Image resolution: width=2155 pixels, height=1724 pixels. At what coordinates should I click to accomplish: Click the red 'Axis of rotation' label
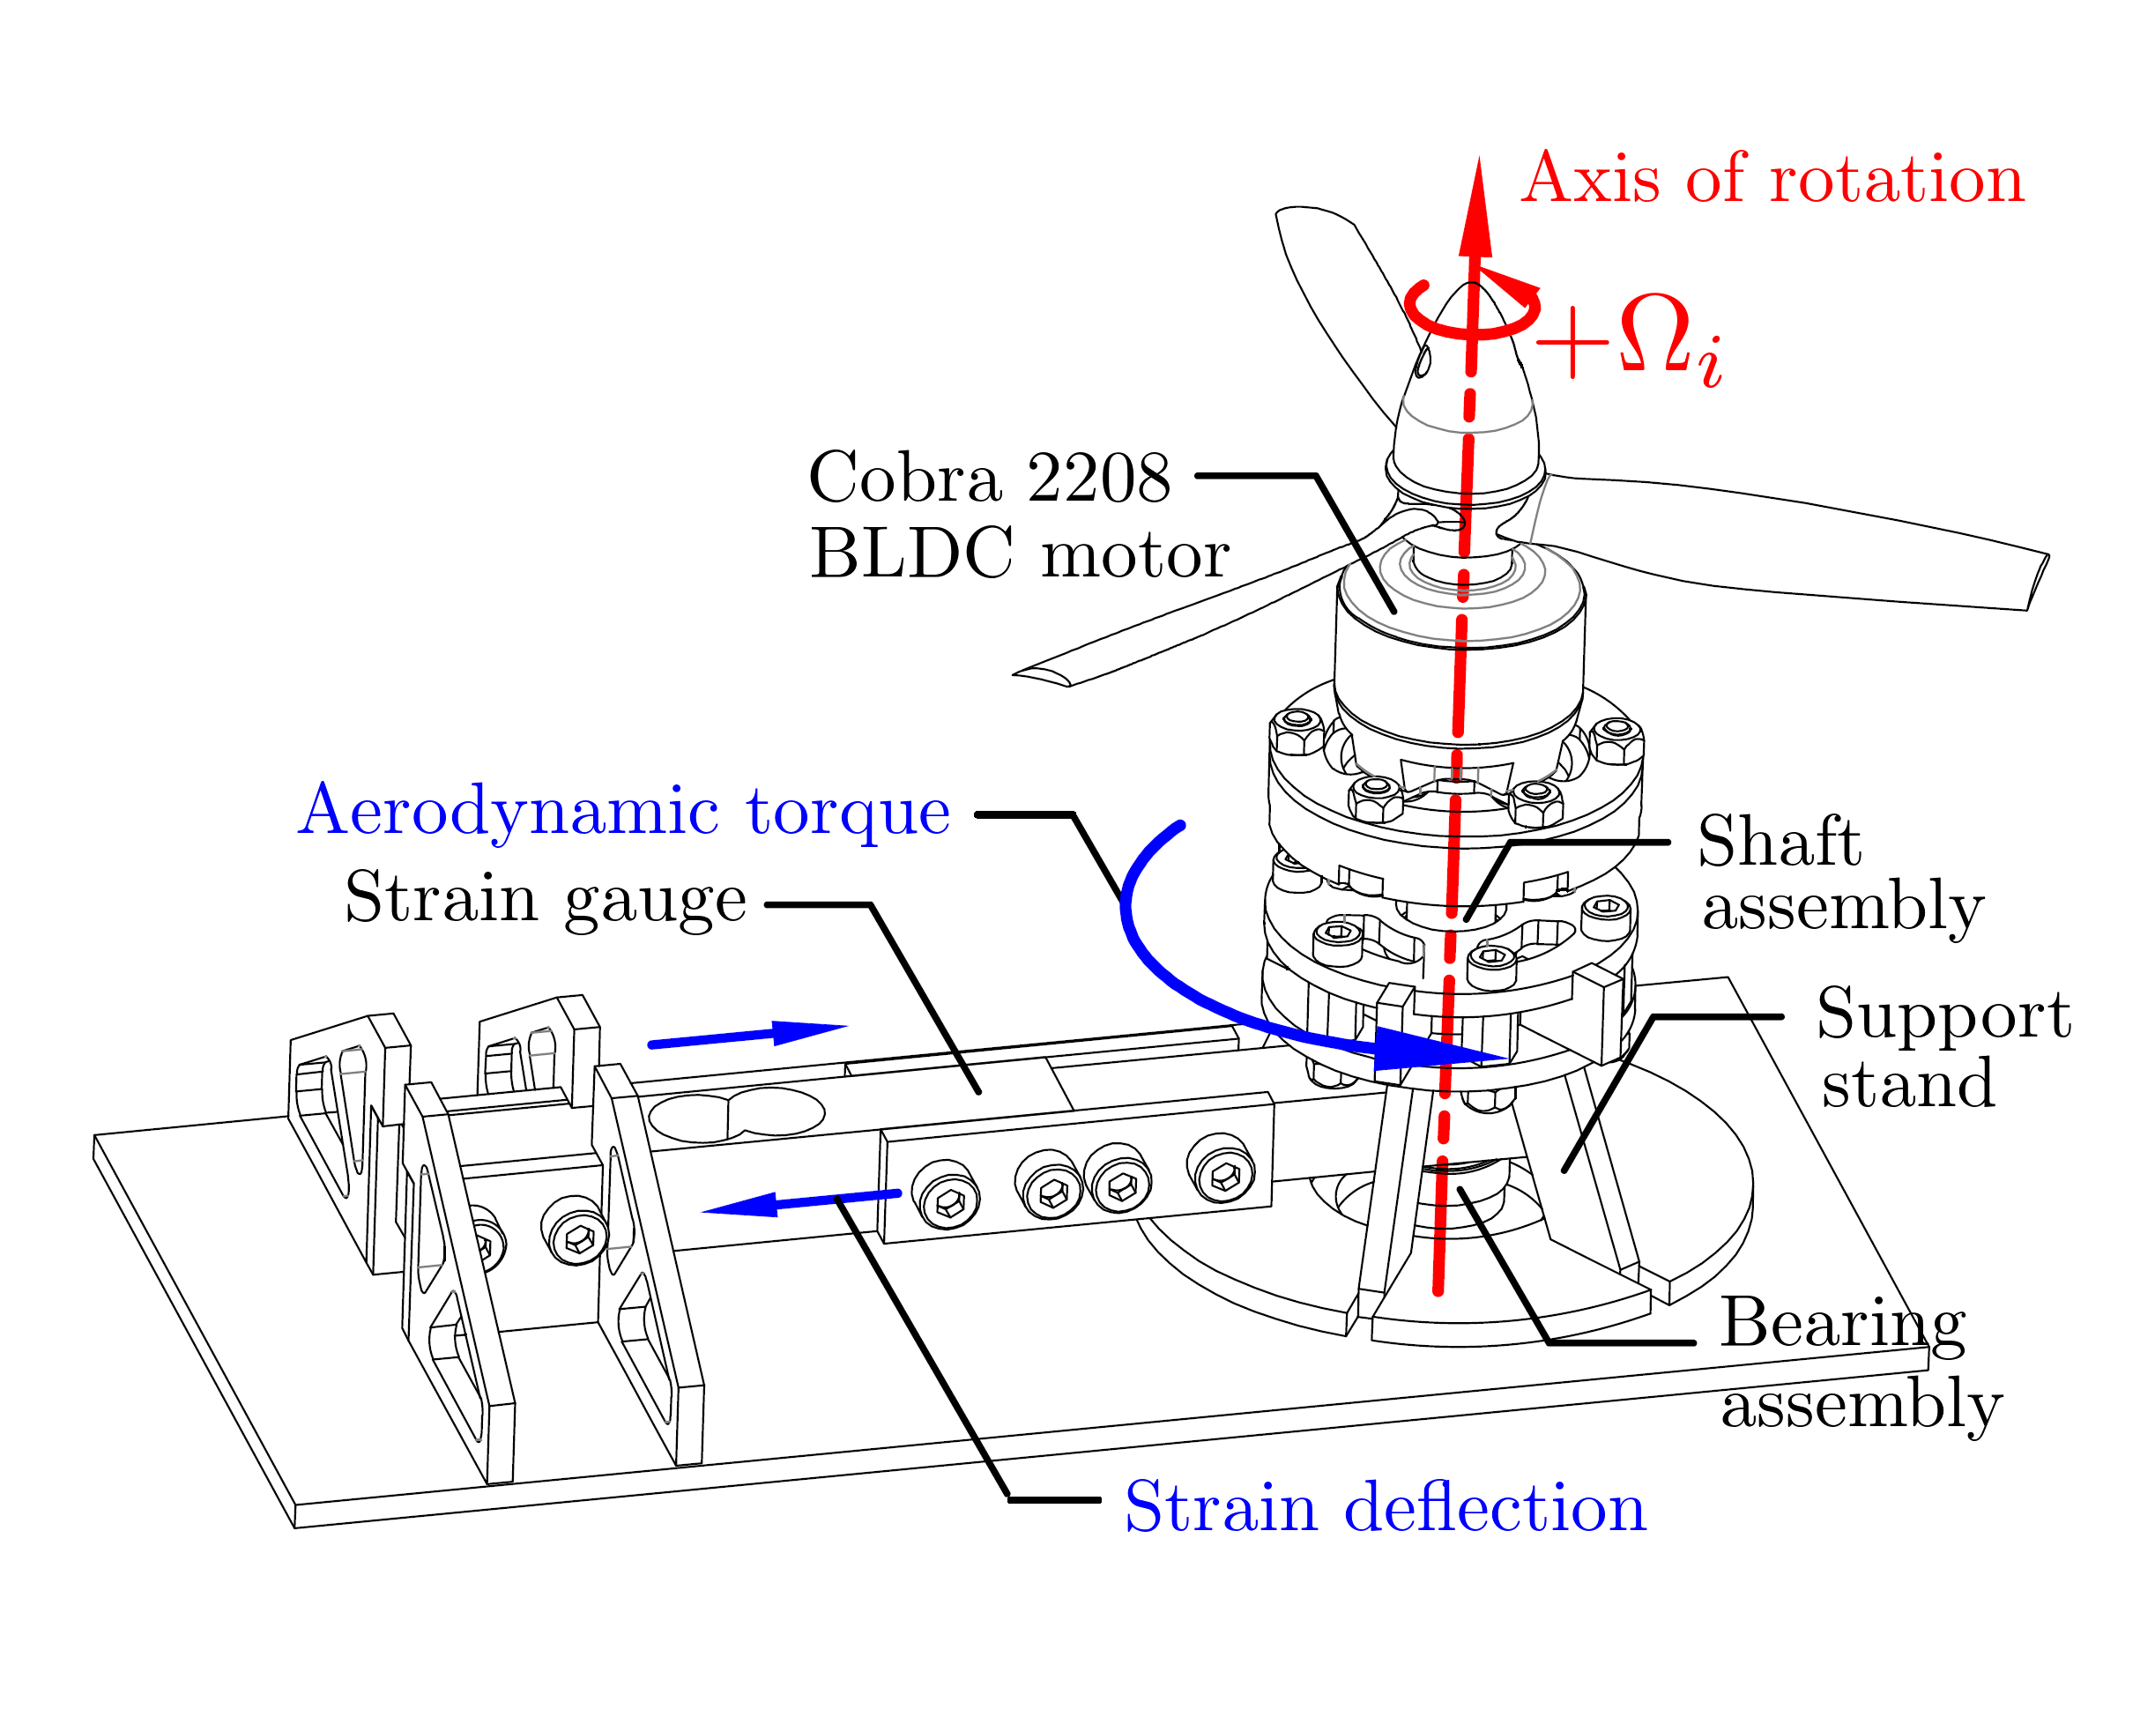(x=1772, y=180)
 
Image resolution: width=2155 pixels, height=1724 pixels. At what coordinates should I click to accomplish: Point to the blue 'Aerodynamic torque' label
(x=624, y=811)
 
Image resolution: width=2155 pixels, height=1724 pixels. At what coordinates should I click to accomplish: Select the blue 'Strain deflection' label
(x=1386, y=1507)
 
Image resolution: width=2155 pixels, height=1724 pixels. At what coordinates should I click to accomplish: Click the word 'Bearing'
(x=1842, y=1323)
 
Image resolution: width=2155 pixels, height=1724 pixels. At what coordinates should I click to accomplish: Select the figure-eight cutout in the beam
(x=736, y=1114)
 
